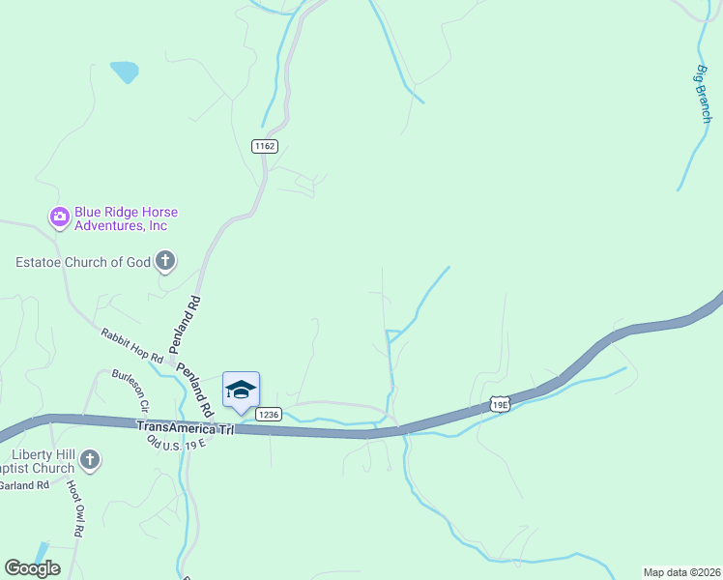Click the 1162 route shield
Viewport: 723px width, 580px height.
click(x=265, y=146)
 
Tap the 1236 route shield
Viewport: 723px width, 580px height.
click(x=269, y=414)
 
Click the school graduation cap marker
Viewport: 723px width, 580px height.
click(x=241, y=390)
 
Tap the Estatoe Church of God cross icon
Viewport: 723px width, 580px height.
click(x=165, y=260)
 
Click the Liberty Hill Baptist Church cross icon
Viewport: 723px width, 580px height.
click(x=90, y=460)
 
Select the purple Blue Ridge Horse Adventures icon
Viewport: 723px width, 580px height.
click(x=59, y=217)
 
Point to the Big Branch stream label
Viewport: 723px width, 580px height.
click(x=703, y=94)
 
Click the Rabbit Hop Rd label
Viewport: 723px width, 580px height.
click(x=131, y=346)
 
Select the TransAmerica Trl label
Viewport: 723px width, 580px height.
click(x=186, y=427)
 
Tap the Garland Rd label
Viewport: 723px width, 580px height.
click(x=24, y=485)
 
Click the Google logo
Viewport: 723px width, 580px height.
click(x=32, y=567)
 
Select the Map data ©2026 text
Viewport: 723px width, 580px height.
click(x=682, y=571)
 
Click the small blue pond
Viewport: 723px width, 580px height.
click(x=124, y=72)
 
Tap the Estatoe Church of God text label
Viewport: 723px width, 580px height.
click(x=83, y=261)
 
